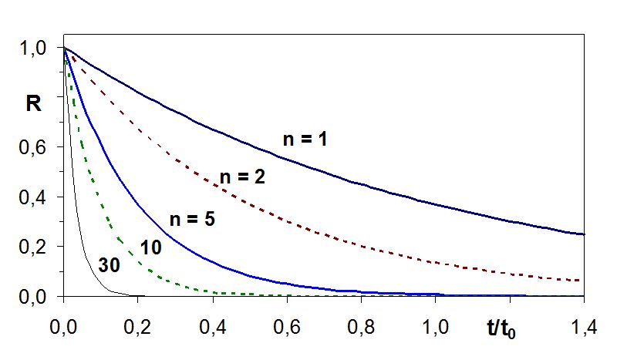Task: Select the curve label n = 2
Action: coord(243,177)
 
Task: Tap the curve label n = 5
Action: coord(191,218)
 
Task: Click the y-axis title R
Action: coord(34,103)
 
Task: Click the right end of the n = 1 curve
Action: coord(584,234)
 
